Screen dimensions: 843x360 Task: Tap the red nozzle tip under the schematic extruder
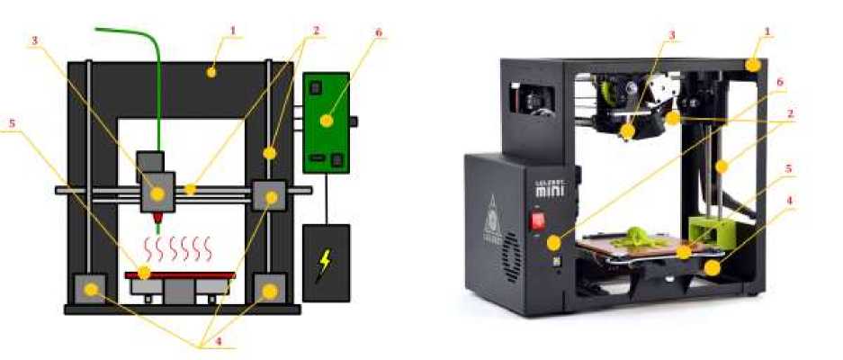coord(158,218)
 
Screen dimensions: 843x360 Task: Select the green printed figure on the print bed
coord(635,237)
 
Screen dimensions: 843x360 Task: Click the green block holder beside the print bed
coord(711,229)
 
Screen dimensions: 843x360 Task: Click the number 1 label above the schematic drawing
coord(232,31)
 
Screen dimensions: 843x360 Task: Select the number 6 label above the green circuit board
coord(379,31)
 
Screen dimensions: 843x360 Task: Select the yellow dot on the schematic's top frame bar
coord(211,72)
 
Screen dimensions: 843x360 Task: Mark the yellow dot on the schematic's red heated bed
coord(143,270)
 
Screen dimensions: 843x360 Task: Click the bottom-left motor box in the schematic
coord(88,290)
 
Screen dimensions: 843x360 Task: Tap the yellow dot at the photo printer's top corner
coord(752,65)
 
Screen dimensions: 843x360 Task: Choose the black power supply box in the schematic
coord(325,263)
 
